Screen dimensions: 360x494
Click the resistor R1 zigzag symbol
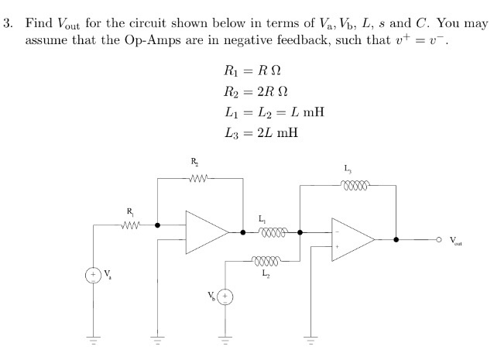pyautogui.click(x=130, y=225)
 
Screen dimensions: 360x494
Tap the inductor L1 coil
pyautogui.click(x=273, y=231)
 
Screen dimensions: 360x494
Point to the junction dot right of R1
pyautogui.click(x=158, y=225)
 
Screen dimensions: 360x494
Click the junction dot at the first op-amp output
pyautogui.click(x=242, y=231)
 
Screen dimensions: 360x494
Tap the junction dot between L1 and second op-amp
pyautogui.click(x=300, y=231)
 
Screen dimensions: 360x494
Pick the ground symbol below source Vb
pyautogui.click(x=225, y=341)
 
